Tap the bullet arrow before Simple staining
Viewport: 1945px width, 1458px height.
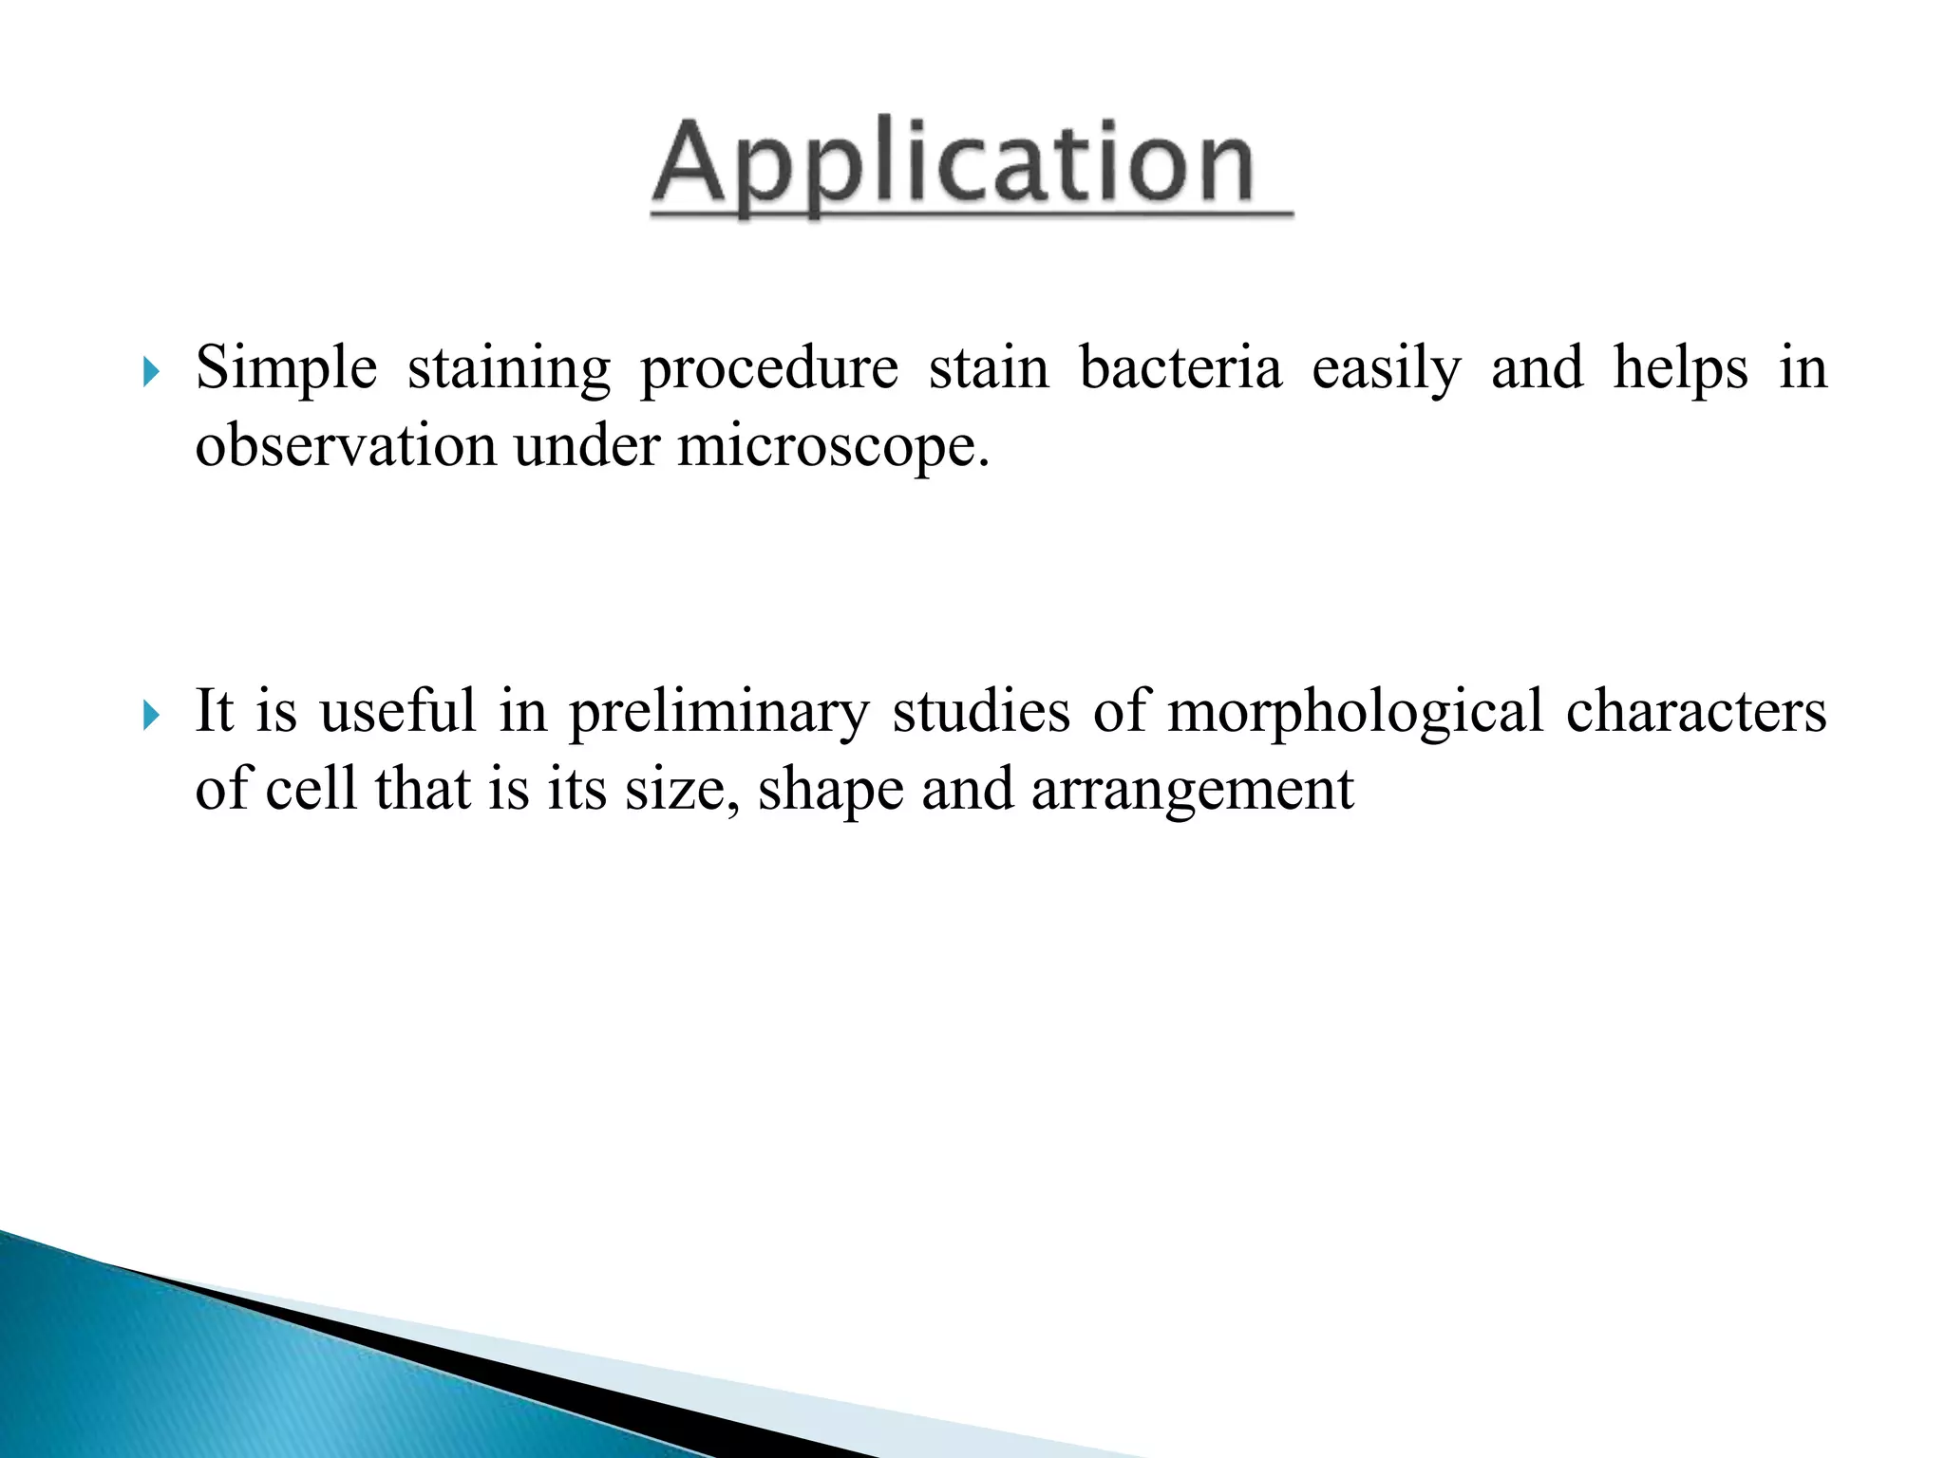point(151,371)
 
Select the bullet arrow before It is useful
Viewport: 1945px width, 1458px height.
point(151,715)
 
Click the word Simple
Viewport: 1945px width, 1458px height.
point(286,368)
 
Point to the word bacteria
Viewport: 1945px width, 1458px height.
point(1180,368)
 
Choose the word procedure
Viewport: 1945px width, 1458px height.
point(768,370)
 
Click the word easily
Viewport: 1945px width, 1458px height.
point(1386,370)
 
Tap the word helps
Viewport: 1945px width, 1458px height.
point(1680,370)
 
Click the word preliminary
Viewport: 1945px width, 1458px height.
point(719,713)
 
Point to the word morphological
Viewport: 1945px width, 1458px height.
point(1355,713)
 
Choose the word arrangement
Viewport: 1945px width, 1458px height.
point(1192,791)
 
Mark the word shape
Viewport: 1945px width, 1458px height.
point(830,791)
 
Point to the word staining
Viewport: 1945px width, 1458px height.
point(509,370)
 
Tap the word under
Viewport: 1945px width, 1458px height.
point(587,445)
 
